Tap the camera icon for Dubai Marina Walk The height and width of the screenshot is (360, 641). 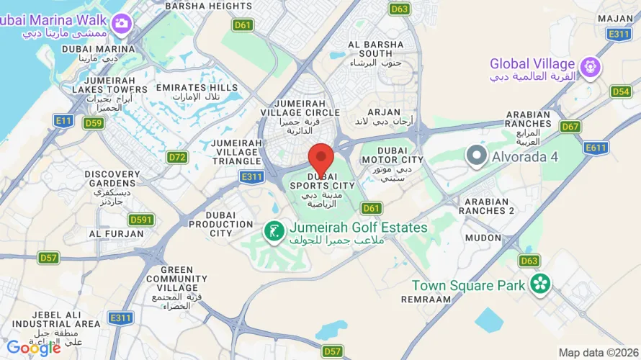coord(120,23)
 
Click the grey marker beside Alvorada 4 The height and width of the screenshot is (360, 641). coord(476,155)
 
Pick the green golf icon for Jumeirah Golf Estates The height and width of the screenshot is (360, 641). coord(273,231)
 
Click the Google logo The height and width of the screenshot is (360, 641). coord(34,348)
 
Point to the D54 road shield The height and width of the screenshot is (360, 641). coord(621,91)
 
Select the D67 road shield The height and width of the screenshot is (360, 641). coord(570,127)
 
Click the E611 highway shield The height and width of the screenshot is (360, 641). coord(596,148)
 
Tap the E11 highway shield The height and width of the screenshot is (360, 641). coord(63,120)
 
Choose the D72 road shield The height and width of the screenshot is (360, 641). coord(177,157)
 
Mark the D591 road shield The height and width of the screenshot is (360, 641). coord(141,220)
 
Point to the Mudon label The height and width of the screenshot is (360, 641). coord(483,238)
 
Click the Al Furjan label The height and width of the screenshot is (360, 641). coord(107,234)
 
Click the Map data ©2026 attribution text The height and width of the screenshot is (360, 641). coord(597,352)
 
